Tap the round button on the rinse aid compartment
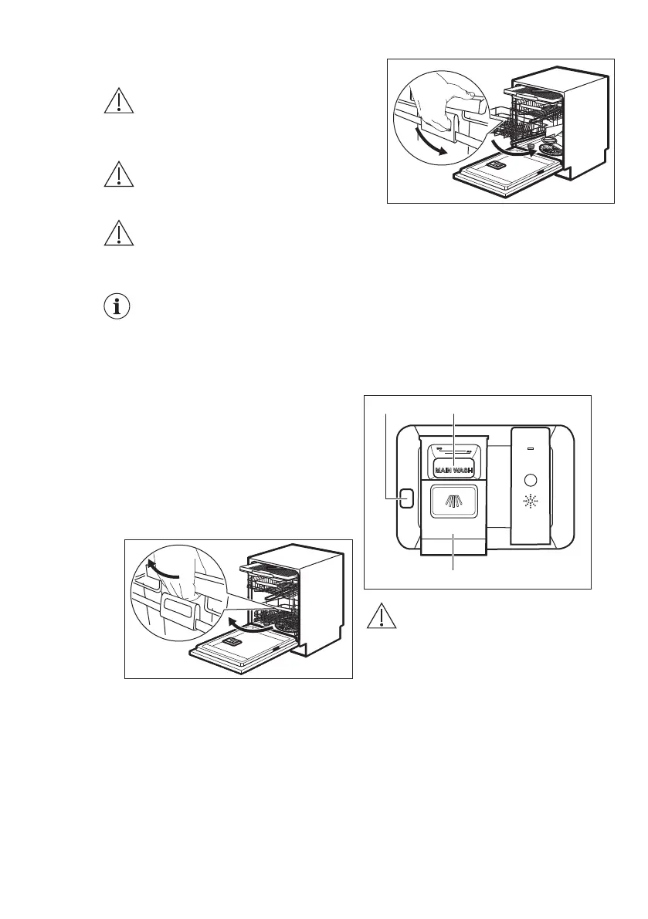click(x=529, y=478)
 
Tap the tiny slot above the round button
click(x=529, y=447)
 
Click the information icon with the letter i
click(x=118, y=306)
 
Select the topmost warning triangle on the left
click(x=118, y=103)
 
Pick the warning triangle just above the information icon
click(x=118, y=233)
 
